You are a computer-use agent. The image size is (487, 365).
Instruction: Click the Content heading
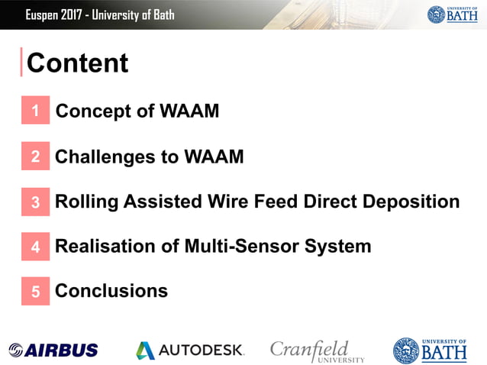[77, 63]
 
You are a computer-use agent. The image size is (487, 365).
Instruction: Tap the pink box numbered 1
[35, 111]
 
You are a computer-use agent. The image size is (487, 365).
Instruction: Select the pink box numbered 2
[35, 157]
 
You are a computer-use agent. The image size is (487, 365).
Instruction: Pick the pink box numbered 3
[35, 202]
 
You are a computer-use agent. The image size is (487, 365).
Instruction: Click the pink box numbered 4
[35, 247]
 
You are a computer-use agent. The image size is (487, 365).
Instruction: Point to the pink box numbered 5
[35, 291]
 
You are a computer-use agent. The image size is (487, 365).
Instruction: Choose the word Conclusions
[111, 291]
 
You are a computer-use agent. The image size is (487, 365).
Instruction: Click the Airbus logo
[53, 350]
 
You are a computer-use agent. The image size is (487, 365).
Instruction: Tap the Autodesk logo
[189, 350]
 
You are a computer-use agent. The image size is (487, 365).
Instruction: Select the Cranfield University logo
[317, 350]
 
